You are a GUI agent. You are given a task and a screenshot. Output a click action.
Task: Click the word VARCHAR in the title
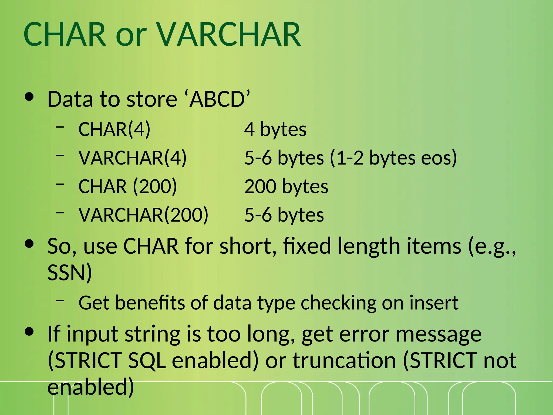(228, 34)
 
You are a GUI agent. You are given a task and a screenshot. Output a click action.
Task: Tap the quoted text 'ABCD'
(219, 99)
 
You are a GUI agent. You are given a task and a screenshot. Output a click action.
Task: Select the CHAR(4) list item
(114, 129)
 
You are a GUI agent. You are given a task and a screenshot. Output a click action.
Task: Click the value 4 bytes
(275, 129)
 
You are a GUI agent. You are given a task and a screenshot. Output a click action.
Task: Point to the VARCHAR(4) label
(132, 158)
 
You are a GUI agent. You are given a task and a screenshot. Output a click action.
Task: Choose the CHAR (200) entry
(127, 186)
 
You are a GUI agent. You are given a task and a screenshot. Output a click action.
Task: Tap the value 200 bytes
(286, 186)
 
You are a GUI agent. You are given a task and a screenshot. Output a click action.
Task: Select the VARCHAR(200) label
(143, 215)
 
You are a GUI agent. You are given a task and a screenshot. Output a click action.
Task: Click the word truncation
(344, 361)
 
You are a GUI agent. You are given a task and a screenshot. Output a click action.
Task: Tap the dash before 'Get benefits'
(60, 300)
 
